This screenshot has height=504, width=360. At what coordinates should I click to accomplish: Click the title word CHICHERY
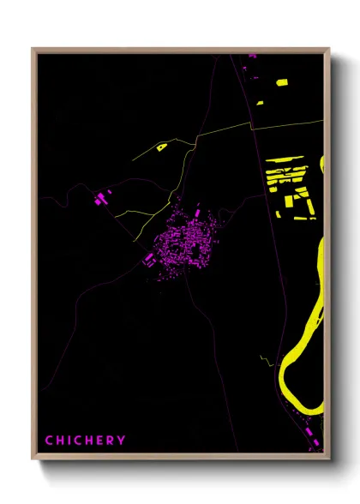click(85, 440)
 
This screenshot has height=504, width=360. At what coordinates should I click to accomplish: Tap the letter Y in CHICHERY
click(122, 440)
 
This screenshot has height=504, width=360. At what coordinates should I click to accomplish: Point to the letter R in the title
click(111, 440)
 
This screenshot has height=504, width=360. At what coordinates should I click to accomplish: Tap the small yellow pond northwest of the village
click(160, 147)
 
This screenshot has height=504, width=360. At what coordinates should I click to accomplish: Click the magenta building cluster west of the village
click(101, 199)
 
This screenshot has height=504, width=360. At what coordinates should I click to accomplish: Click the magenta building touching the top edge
click(252, 56)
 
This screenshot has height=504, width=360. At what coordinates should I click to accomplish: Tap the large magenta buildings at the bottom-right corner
click(314, 442)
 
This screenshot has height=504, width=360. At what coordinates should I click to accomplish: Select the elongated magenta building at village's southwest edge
click(153, 255)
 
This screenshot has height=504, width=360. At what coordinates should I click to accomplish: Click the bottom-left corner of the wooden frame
click(34, 457)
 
